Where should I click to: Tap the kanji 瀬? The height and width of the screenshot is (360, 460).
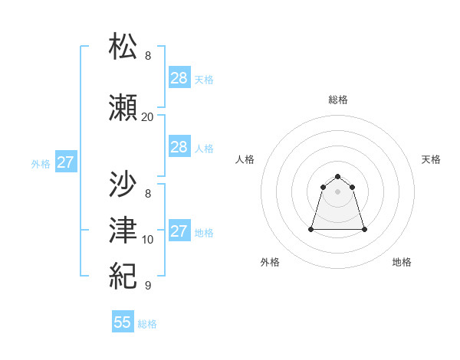pyautogui.click(x=124, y=107)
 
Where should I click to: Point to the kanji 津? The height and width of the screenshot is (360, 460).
pyautogui.click(x=124, y=227)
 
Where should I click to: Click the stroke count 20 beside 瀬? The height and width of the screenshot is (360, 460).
pyautogui.click(x=147, y=117)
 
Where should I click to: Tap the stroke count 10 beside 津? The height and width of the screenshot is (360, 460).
pyautogui.click(x=148, y=239)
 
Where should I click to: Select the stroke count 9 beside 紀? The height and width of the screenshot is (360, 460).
pyautogui.click(x=148, y=285)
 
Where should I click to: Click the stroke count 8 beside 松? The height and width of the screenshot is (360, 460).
pyautogui.click(x=148, y=56)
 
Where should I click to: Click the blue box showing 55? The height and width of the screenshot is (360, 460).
pyautogui.click(x=123, y=322)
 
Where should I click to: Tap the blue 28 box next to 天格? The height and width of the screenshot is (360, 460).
pyautogui.click(x=179, y=78)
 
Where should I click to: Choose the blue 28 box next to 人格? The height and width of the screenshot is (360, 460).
pyautogui.click(x=179, y=147)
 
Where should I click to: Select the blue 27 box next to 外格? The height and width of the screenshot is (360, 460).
pyautogui.click(x=66, y=162)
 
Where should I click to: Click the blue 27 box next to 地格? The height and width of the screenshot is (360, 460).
pyautogui.click(x=179, y=231)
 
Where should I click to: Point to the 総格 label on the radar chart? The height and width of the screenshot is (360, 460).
pyautogui.click(x=338, y=100)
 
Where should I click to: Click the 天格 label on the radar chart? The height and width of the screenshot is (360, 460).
pyautogui.click(x=431, y=159)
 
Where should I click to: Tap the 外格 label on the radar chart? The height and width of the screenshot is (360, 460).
pyautogui.click(x=270, y=262)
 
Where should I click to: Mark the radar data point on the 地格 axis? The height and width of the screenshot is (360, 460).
pyautogui.click(x=364, y=229)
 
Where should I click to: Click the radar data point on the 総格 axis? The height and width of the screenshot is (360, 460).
pyautogui.click(x=338, y=175)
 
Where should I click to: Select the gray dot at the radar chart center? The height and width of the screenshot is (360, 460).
pyautogui.click(x=338, y=191)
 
